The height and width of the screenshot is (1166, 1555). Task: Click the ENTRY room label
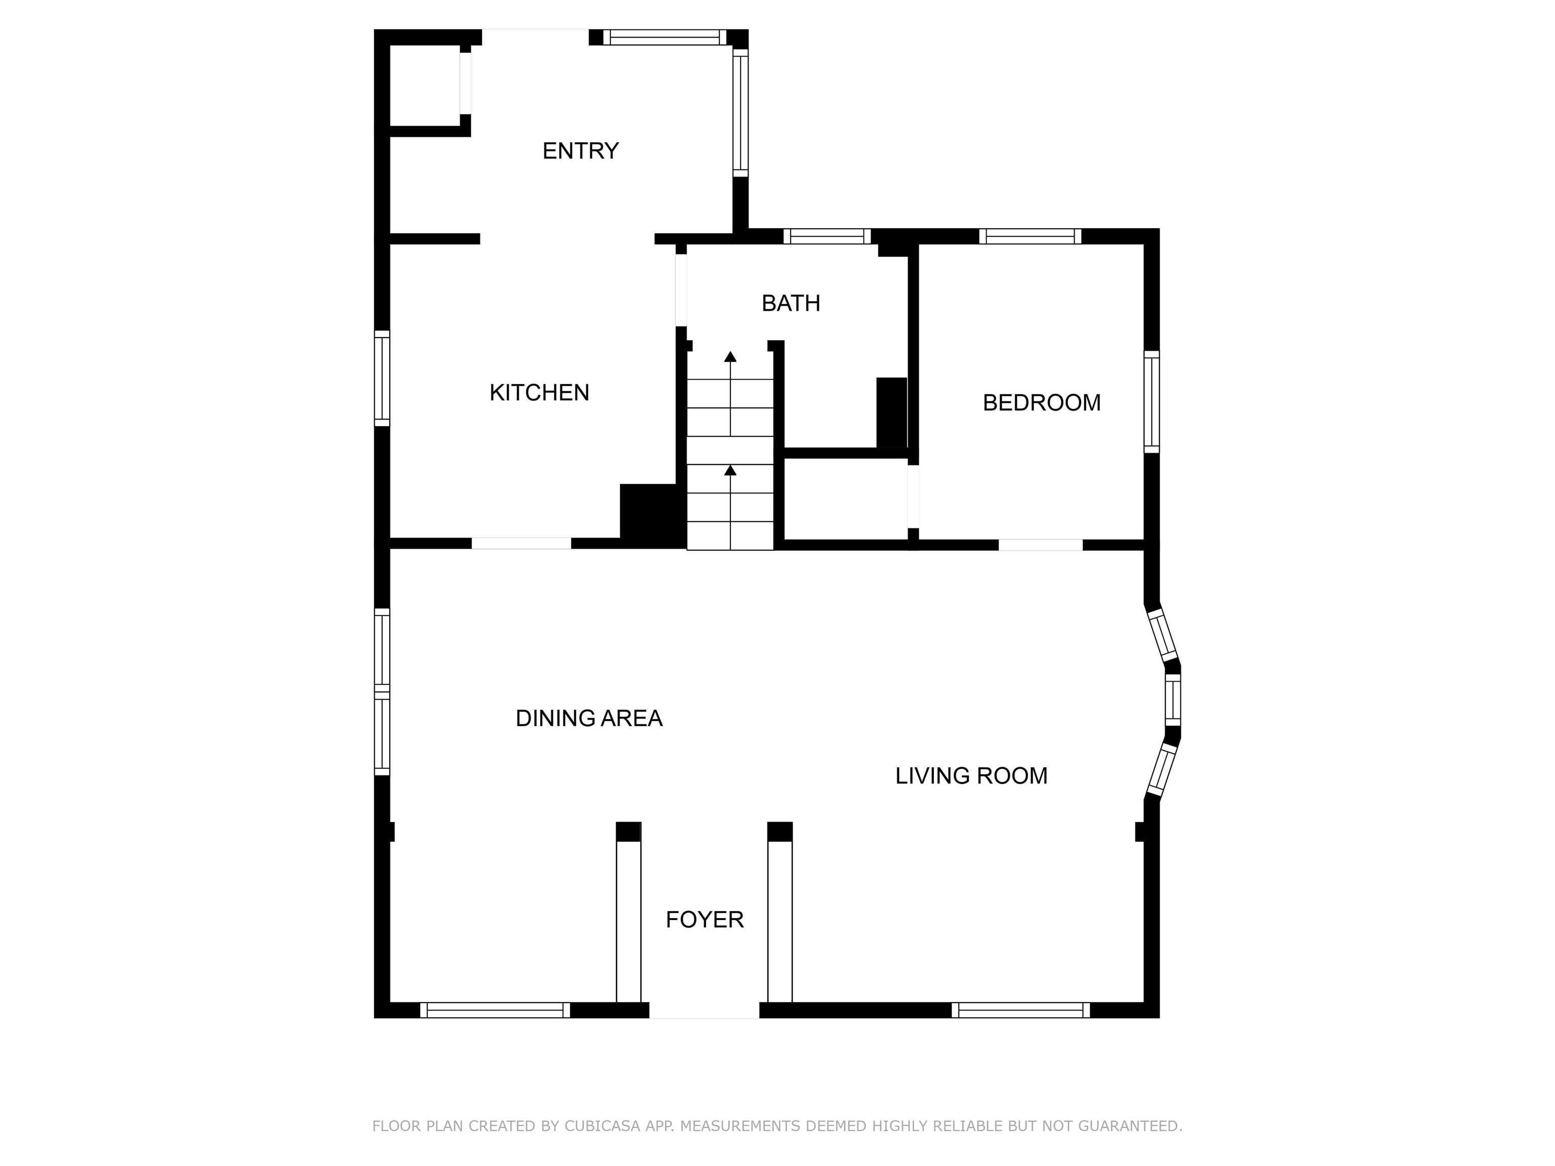[x=580, y=151]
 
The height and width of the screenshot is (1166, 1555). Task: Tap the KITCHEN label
[x=539, y=393]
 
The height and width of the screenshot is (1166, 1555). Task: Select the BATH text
[x=791, y=303]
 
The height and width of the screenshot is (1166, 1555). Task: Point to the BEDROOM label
[x=1041, y=403]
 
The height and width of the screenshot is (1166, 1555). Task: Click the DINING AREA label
[x=589, y=718]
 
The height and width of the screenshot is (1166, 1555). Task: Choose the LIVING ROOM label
[x=971, y=776]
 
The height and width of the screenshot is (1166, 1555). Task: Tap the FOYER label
[x=705, y=920]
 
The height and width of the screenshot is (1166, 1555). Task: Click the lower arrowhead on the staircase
[x=730, y=470]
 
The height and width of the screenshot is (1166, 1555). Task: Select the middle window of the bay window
[x=1172, y=700]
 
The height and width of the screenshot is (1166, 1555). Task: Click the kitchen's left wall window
[x=382, y=378]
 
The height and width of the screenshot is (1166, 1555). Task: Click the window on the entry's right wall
[x=740, y=112]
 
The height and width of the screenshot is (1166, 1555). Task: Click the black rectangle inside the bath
[x=891, y=412]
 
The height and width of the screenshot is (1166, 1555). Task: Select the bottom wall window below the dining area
[x=495, y=1010]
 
